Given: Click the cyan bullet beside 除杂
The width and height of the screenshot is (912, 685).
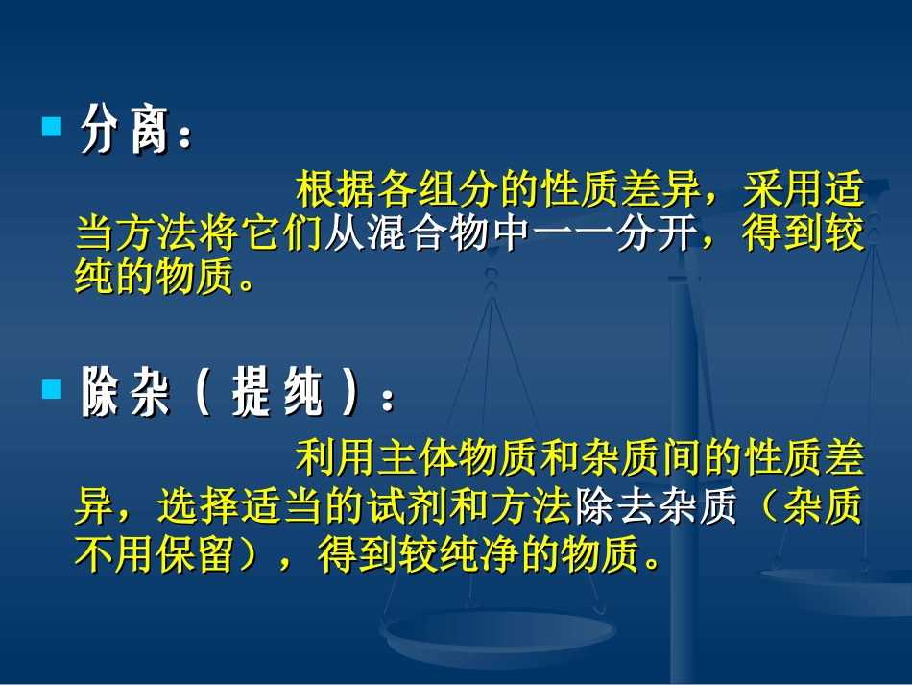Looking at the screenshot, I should [52, 388].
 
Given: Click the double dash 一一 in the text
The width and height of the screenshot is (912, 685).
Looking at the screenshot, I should [570, 235].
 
